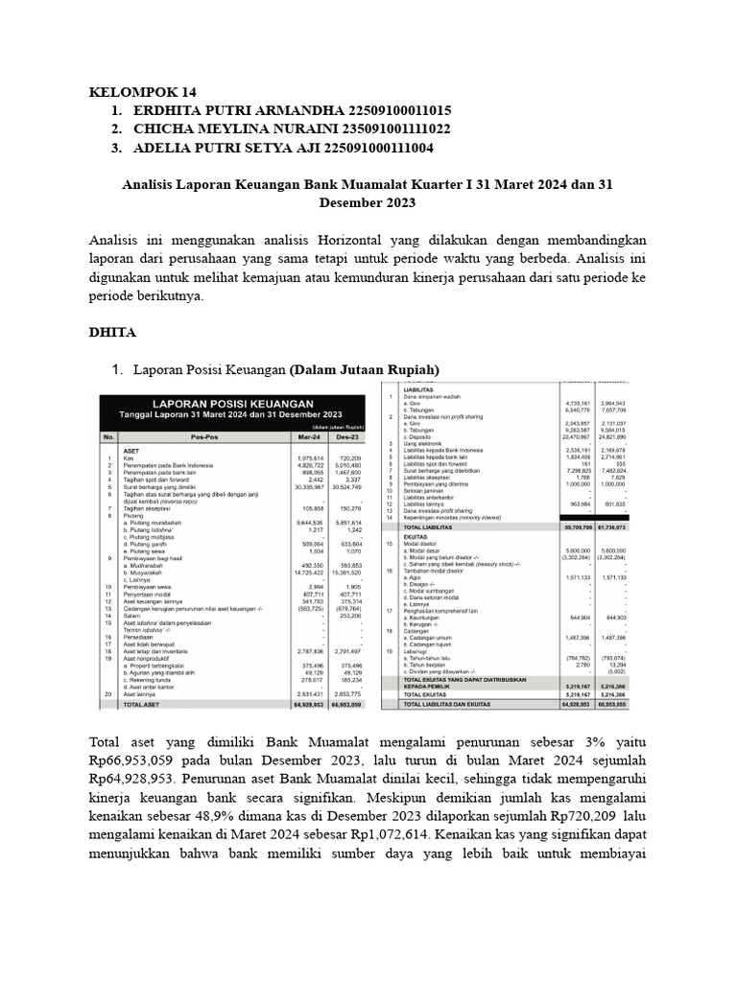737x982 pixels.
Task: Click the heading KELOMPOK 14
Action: click(142, 92)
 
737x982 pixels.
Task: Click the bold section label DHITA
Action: click(112, 332)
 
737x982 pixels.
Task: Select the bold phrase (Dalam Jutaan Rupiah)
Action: click(366, 369)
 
